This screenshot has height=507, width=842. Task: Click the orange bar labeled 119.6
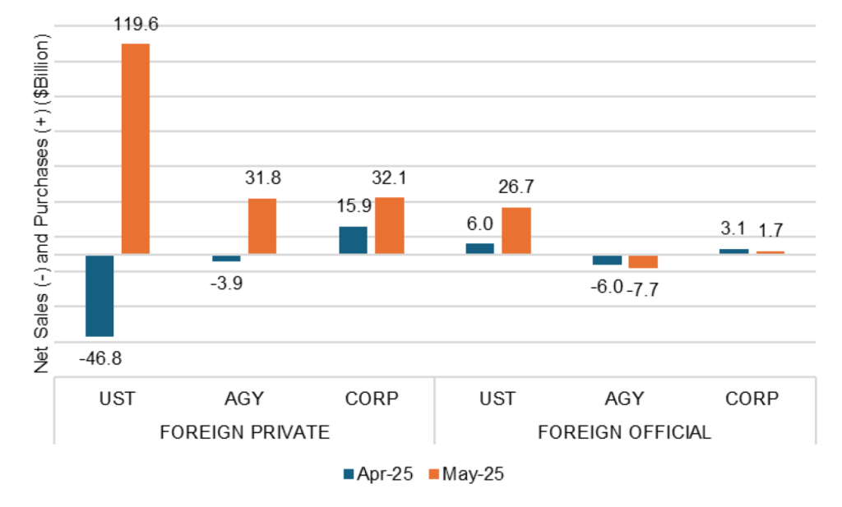136,149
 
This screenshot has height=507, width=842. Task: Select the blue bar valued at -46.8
99,296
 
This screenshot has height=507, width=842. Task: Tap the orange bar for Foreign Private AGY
262,226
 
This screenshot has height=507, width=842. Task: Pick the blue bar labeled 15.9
353,240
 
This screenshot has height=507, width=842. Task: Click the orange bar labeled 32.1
390,226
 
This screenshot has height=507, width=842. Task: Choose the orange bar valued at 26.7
516,231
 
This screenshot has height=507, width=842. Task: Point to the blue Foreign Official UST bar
480,249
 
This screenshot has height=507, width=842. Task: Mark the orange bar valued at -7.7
643,261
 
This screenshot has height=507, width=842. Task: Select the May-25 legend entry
464,474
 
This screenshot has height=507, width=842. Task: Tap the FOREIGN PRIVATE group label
245,431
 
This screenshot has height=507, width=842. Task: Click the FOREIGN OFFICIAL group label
625,431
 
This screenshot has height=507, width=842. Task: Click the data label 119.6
136,25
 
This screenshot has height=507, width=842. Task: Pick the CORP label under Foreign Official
752,399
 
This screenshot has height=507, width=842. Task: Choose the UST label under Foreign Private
118,399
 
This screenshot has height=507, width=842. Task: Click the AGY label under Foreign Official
625,399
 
